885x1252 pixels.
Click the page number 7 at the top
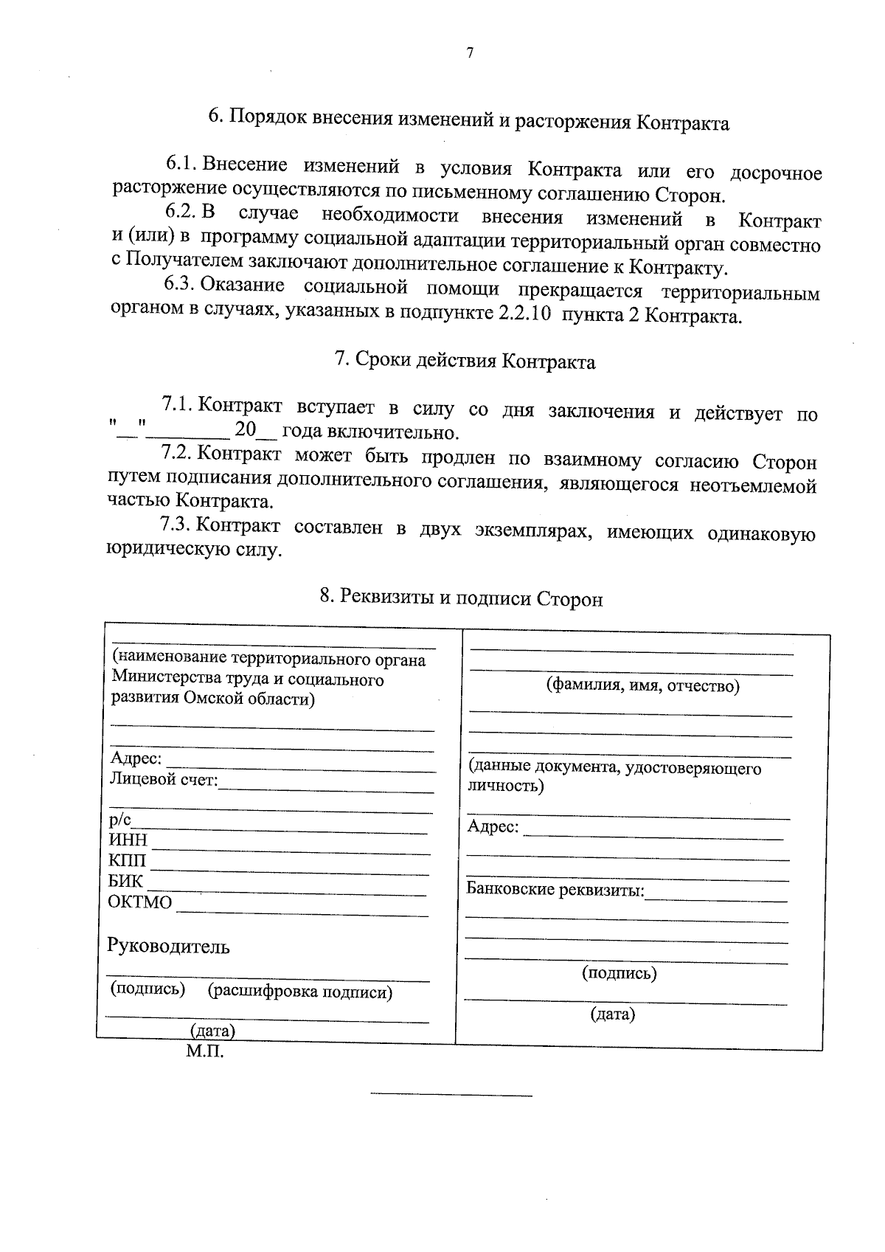point(469,52)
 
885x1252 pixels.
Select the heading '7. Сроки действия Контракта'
point(465,362)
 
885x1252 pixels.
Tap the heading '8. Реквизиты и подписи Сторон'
point(461,598)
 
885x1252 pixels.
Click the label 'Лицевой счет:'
point(164,779)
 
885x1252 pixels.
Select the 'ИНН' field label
point(128,840)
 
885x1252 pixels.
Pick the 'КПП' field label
point(128,861)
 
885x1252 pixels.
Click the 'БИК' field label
point(126,882)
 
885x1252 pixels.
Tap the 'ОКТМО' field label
point(140,902)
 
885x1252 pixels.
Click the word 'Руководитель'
point(169,947)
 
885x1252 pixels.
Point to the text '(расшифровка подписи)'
point(300,992)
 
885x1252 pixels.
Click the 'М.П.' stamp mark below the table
point(204,1051)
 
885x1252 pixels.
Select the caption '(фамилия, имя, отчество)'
point(642,686)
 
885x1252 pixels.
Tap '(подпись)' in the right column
point(619,973)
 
